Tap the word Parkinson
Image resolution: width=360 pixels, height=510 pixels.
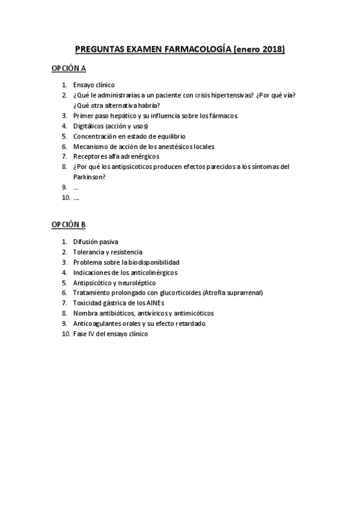point(88,177)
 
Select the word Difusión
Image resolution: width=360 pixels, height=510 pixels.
point(86,242)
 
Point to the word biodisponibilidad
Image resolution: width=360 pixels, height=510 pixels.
point(153,262)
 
